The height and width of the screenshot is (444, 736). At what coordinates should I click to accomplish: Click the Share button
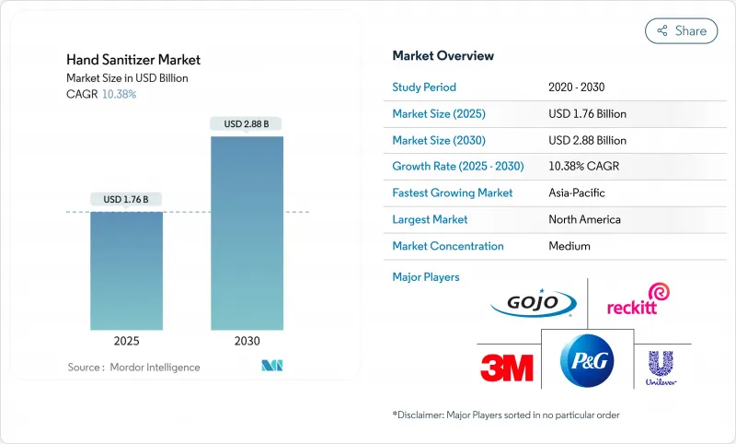pos(682,30)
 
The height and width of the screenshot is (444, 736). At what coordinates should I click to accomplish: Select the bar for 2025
pos(127,271)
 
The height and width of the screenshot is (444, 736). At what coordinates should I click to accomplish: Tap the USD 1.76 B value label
pos(127,199)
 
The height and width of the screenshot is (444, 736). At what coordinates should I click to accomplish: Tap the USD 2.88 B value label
pos(247,123)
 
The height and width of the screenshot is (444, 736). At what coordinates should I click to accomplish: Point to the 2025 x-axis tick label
pos(127,341)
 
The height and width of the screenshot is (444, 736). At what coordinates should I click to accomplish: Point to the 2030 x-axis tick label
pos(247,341)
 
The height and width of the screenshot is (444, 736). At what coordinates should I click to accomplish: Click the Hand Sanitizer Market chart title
pos(132,60)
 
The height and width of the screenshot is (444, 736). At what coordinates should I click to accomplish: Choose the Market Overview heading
pos(443,56)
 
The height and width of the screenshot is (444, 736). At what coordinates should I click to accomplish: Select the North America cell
pos(583,219)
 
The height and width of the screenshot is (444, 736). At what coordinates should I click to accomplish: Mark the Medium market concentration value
pos(569,246)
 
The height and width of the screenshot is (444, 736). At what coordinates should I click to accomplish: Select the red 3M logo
pos(506,368)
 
